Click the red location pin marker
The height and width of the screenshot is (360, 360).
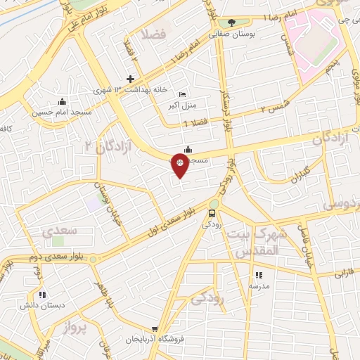(180, 167)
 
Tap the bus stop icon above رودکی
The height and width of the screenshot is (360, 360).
(212, 213)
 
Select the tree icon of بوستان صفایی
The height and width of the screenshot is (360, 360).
(231, 22)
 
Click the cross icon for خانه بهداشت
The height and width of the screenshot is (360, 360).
(130, 79)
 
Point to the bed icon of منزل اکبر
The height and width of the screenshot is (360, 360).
(184, 95)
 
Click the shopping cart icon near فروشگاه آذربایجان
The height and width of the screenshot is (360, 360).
(155, 328)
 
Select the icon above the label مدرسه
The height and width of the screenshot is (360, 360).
(258, 275)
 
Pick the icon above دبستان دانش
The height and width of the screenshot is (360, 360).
(42, 295)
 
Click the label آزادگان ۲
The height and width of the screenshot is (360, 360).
(98, 147)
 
